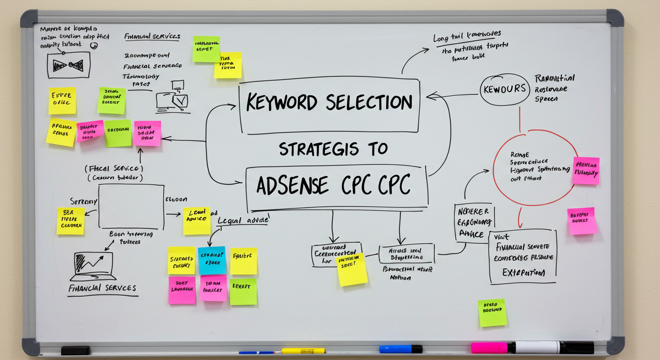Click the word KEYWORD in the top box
[x=281, y=103]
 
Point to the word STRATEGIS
[x=318, y=149]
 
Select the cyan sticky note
[x=211, y=260]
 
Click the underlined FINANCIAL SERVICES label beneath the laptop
[x=102, y=288]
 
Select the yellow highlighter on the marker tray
[x=303, y=351]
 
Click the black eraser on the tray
[x=75, y=350]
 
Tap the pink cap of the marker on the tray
[x=489, y=348]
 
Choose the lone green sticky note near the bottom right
[x=492, y=313]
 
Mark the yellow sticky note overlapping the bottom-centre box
[x=352, y=269]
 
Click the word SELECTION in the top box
[x=369, y=103]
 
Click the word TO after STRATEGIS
[x=377, y=149]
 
